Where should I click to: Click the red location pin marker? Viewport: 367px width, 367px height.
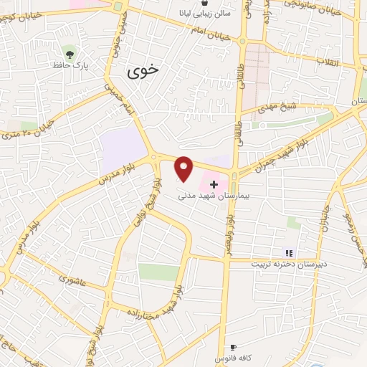pos(185,168)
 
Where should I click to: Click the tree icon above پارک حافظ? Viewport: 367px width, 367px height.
pos(70,53)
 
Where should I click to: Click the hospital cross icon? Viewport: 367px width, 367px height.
pos(213,184)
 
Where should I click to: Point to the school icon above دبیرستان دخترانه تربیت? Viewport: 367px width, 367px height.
pos(289,252)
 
